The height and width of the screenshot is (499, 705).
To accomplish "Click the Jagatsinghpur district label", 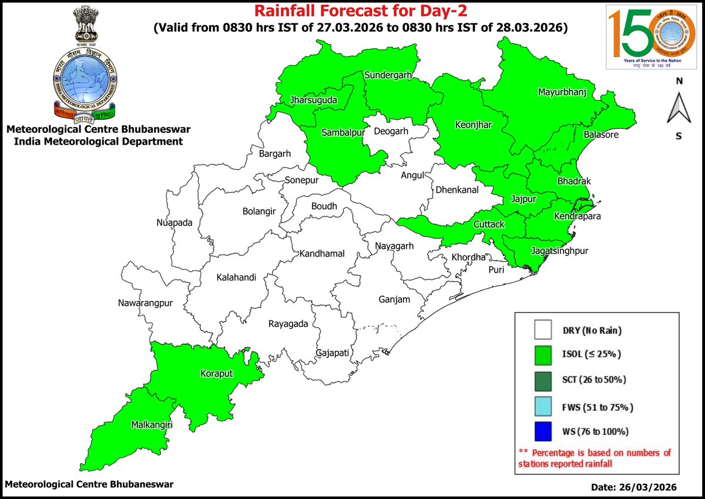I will [559, 251].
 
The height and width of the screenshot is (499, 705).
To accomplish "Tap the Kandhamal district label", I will [322, 253].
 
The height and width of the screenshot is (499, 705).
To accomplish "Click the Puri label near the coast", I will [497, 269].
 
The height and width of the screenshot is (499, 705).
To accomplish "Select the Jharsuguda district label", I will [313, 101].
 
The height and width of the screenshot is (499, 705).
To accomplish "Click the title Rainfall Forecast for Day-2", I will [360, 11].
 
